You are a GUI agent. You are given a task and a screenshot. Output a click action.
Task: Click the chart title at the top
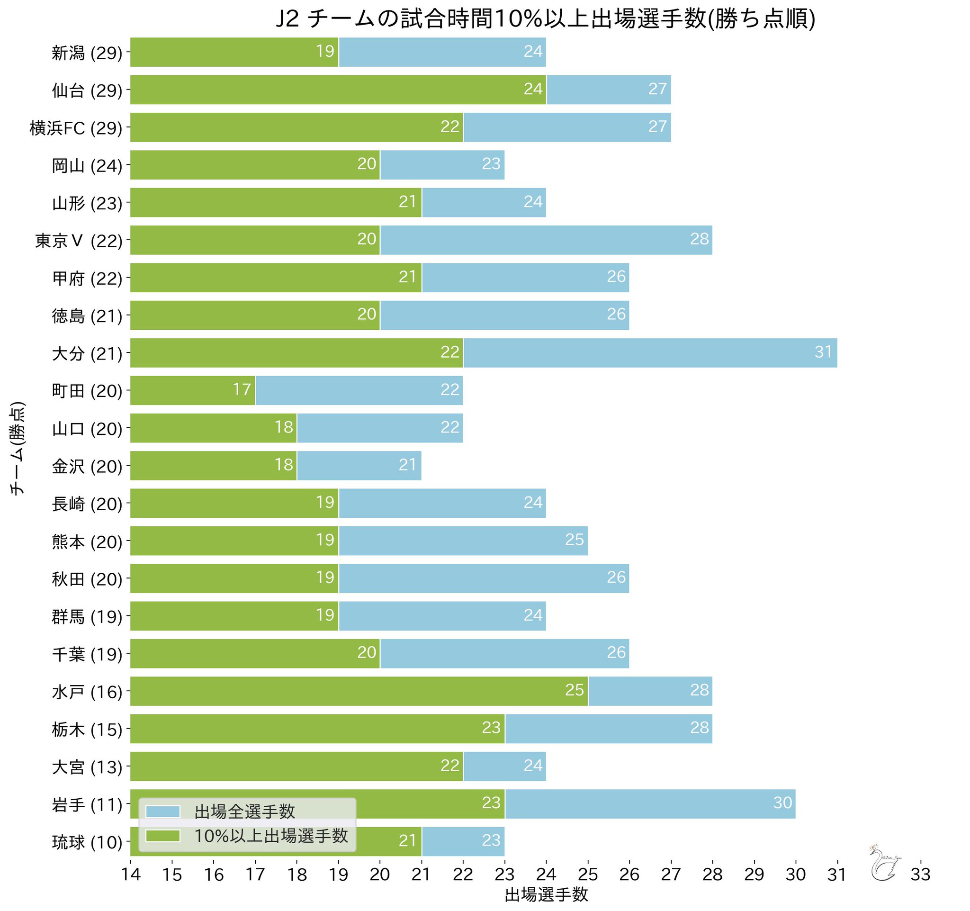coord(545,19)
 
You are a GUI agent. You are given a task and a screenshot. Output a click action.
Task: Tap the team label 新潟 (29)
coord(87,53)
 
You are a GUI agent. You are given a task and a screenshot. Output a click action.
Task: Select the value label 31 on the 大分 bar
coord(823,352)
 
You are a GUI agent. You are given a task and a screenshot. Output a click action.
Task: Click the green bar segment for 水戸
coord(359,690)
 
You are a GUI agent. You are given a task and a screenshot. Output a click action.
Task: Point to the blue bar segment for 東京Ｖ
coord(546,240)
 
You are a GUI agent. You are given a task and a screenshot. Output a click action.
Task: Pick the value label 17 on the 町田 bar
coord(242,389)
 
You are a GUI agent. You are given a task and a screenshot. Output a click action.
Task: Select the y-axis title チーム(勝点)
coord(17,449)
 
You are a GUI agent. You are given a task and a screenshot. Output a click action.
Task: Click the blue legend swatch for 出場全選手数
coord(163,812)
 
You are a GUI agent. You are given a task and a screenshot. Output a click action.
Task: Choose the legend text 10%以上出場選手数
coord(271,836)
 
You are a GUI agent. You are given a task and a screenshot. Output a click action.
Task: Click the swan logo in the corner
coord(884,863)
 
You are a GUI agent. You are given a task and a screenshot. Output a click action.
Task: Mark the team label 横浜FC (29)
coord(76,128)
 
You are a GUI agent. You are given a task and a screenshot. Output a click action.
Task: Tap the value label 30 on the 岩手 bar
coord(782,803)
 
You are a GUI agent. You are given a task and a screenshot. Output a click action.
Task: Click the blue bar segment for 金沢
coord(359,466)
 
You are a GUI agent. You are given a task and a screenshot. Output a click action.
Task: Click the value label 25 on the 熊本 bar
coord(575,540)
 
